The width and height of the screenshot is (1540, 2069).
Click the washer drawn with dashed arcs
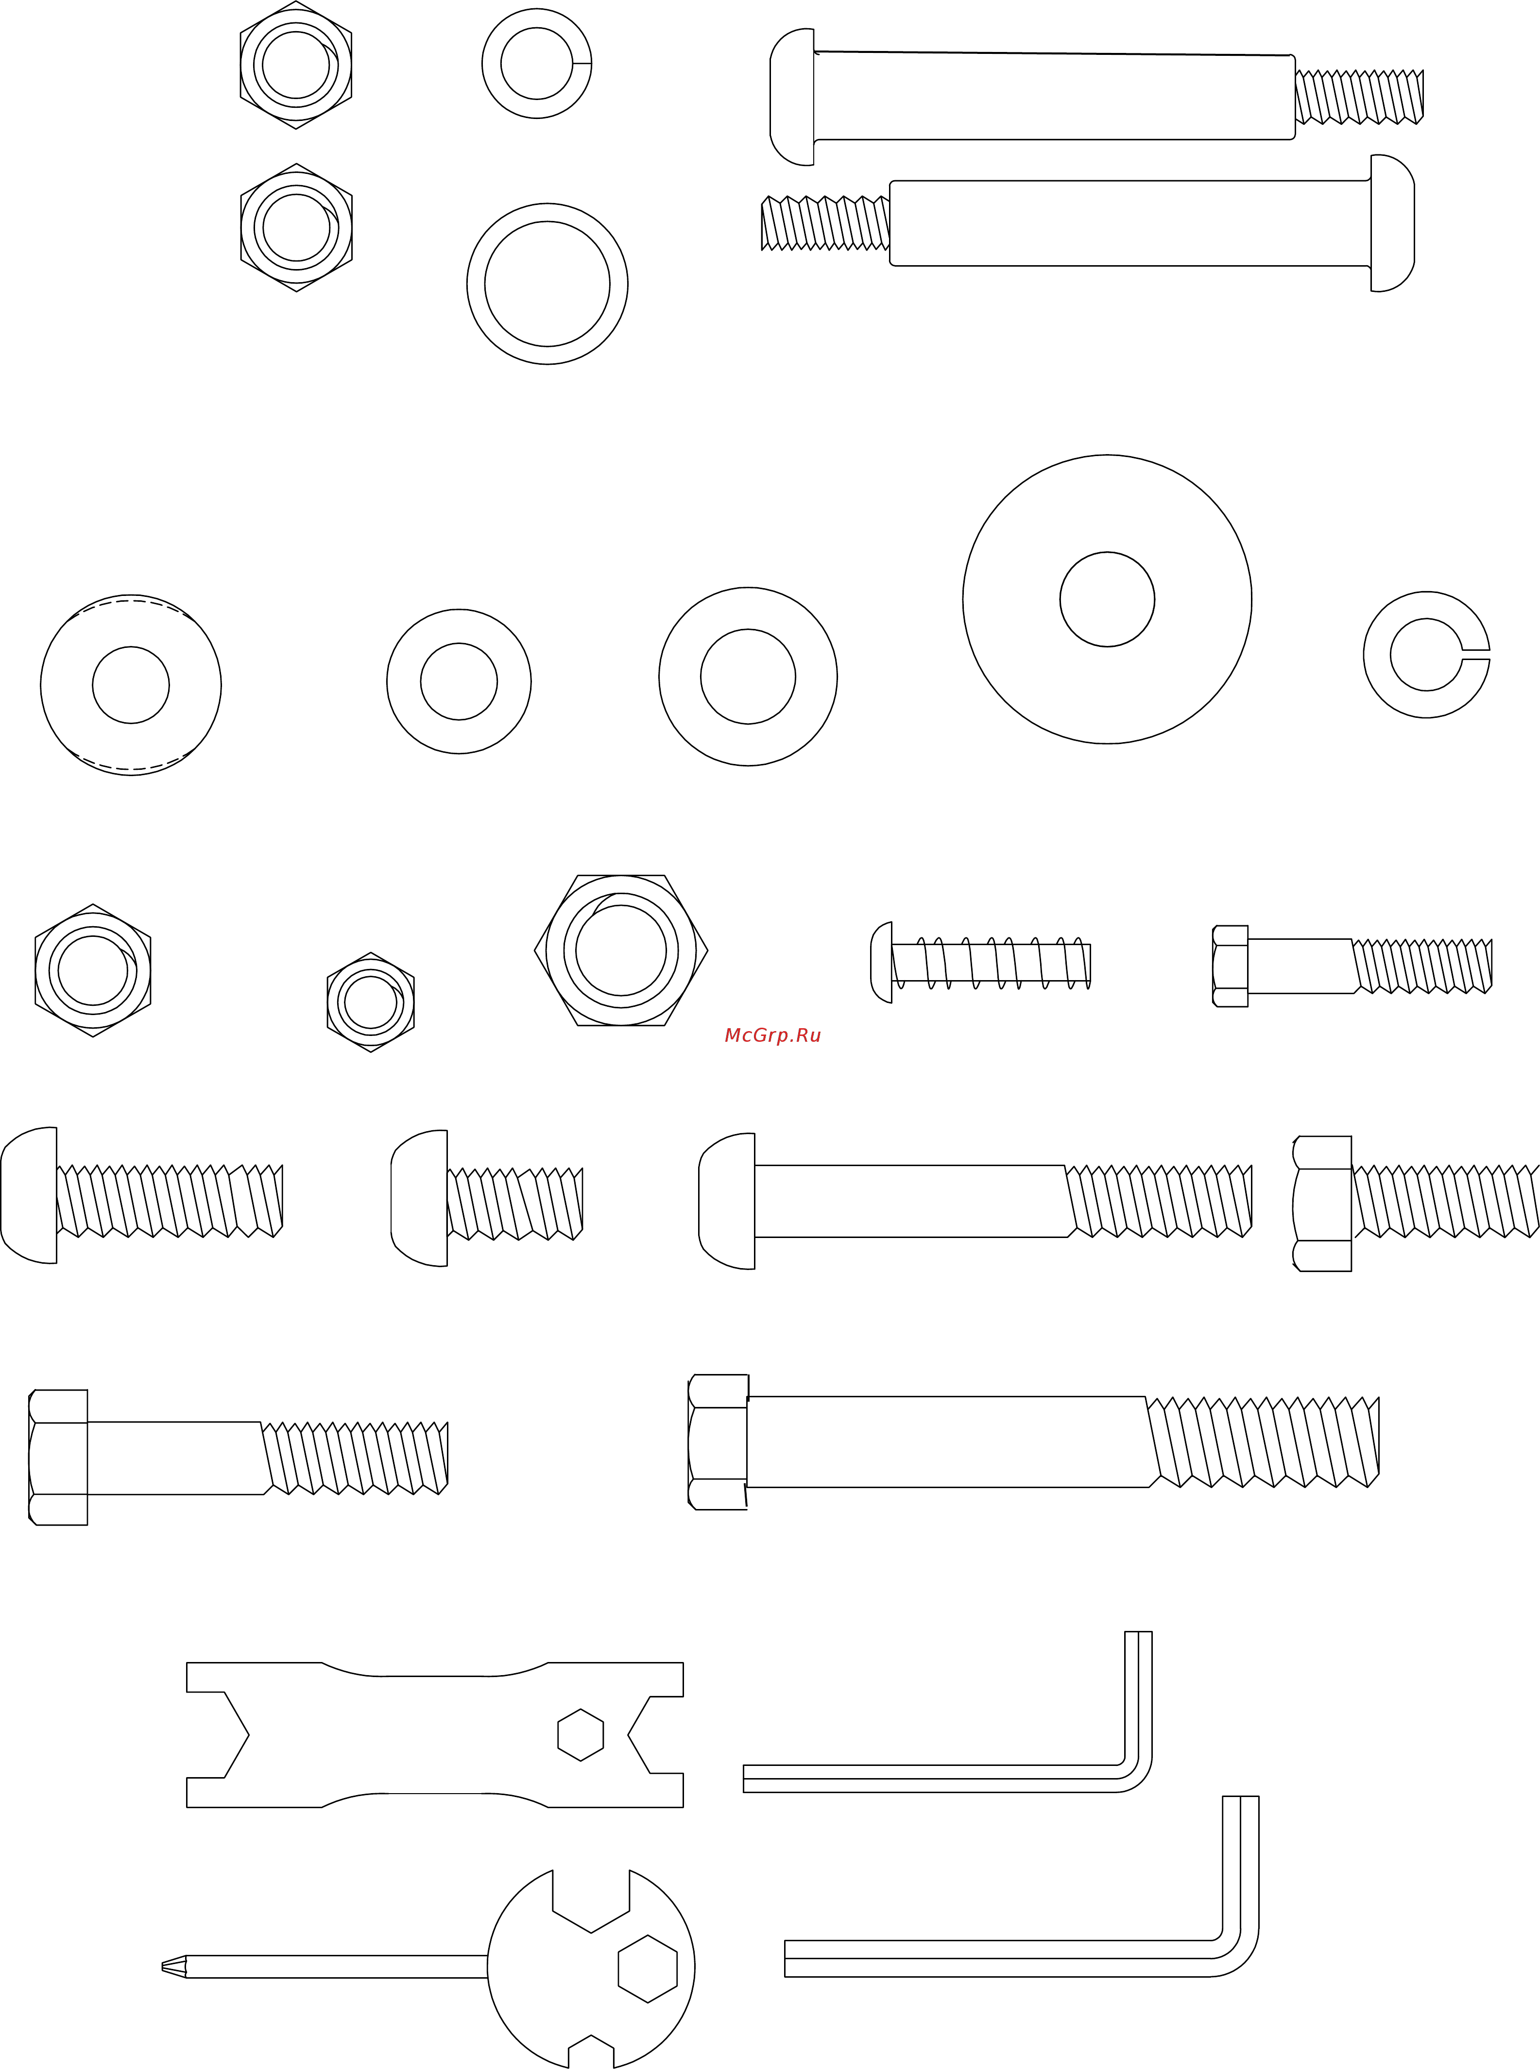point(131,685)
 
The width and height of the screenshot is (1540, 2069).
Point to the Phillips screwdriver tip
point(173,1967)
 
